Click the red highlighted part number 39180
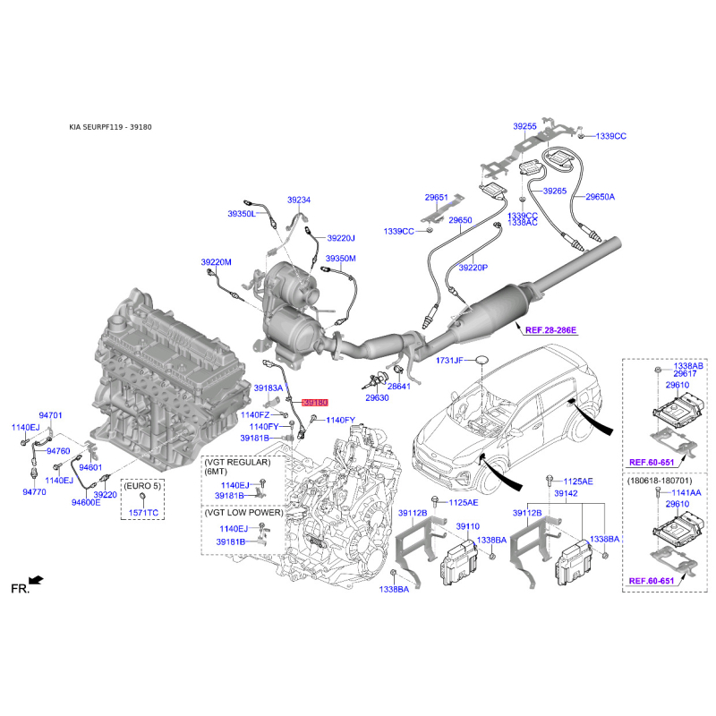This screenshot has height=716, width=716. click(315, 403)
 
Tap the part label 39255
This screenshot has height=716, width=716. click(524, 126)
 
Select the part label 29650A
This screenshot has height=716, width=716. click(600, 197)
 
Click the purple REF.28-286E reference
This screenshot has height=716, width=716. click(550, 329)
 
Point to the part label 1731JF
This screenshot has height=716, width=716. click(449, 361)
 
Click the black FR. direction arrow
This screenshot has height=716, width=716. click(36, 580)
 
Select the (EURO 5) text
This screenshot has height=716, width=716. click(142, 485)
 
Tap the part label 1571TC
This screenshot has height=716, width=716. click(143, 512)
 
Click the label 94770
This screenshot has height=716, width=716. click(34, 491)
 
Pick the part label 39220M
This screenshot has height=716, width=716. click(216, 262)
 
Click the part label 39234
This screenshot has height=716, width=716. click(299, 200)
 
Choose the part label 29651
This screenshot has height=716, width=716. click(437, 197)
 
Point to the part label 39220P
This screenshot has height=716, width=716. click(473, 268)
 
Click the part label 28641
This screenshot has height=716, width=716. click(398, 387)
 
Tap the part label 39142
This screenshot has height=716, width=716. click(566, 493)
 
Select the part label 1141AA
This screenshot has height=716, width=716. click(686, 492)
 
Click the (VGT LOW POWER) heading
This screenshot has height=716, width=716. click(243, 512)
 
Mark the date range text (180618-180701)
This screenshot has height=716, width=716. click(660, 481)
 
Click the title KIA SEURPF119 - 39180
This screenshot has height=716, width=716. click(110, 127)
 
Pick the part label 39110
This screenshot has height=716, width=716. click(467, 526)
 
